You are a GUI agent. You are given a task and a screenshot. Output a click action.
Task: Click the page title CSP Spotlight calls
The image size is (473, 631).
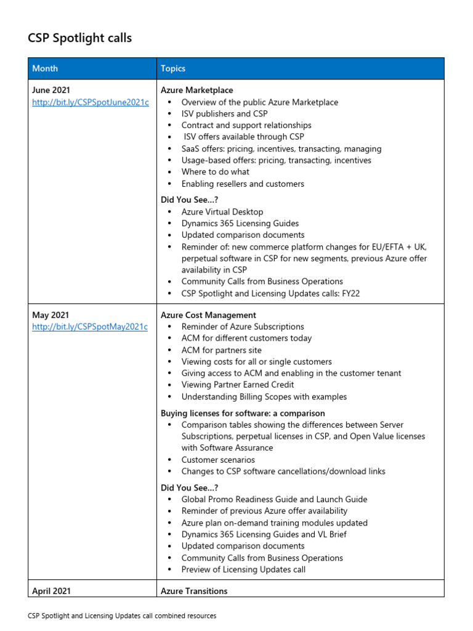click(79, 38)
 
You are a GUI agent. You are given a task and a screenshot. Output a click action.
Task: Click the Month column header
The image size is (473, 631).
click(45, 68)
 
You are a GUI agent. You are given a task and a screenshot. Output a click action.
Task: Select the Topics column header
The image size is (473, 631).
click(173, 68)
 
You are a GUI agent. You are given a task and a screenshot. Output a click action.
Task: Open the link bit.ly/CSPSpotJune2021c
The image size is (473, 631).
click(91, 102)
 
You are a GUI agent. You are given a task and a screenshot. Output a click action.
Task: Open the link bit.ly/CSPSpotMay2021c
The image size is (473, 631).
click(90, 327)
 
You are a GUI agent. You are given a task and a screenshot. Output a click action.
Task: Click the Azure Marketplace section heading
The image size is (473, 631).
click(197, 90)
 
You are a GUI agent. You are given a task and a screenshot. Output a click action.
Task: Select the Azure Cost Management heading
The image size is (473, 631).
click(208, 315)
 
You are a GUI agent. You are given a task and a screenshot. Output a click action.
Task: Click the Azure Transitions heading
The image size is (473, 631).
click(194, 591)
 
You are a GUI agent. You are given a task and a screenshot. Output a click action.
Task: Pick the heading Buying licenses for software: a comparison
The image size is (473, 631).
click(243, 413)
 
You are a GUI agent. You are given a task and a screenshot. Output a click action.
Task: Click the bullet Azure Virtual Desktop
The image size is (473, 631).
click(222, 211)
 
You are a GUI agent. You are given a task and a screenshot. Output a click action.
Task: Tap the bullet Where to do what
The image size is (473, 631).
click(215, 172)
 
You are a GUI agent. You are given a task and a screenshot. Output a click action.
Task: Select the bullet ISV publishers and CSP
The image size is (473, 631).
click(224, 113)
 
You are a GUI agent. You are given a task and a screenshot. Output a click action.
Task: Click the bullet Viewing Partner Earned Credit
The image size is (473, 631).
click(238, 385)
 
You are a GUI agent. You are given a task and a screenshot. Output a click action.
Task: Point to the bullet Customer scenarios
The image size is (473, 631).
click(217, 460)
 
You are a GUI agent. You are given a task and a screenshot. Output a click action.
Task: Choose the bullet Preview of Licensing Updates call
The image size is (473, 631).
click(243, 569)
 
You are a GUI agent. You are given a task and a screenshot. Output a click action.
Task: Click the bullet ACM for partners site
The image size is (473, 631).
click(221, 350)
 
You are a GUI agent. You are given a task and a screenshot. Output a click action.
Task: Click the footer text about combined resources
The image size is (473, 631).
click(122, 616)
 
